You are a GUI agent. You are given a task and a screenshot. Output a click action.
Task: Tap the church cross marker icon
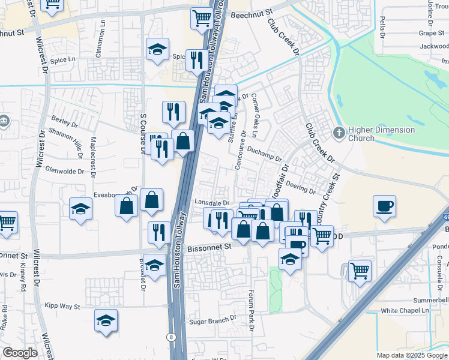point(340,133)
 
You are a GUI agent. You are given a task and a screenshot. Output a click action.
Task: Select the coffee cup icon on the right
point(384,206)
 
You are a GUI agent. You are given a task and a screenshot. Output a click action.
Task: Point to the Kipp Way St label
point(62,307)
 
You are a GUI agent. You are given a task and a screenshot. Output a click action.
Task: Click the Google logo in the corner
point(20,353)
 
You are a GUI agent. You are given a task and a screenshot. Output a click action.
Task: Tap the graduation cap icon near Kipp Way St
point(106,320)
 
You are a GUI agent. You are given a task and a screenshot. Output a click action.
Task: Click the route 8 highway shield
point(172,337)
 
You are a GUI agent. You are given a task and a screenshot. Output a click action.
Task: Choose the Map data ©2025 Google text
point(411,355)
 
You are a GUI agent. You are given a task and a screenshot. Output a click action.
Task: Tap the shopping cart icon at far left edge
point(6,221)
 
